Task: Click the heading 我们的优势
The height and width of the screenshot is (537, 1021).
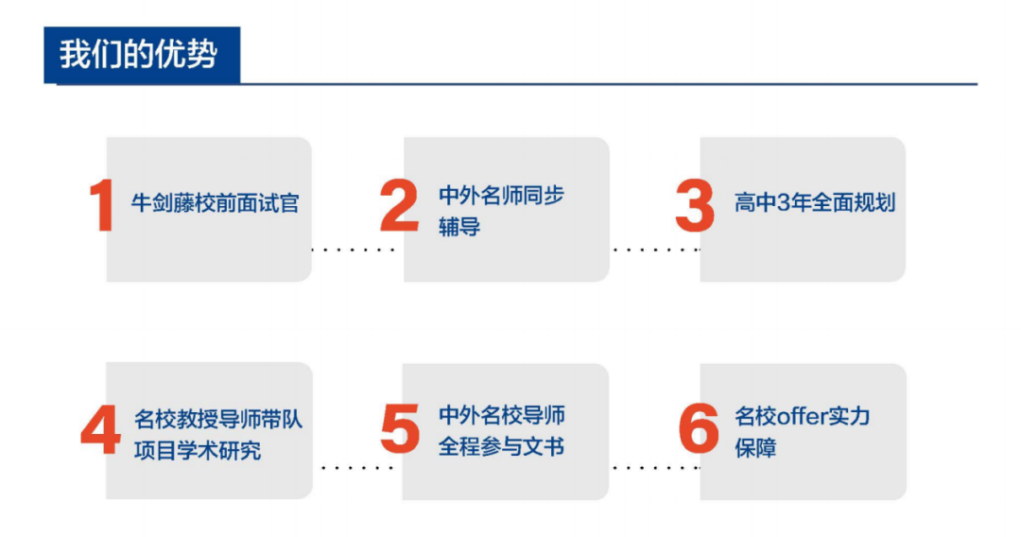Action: click(138, 54)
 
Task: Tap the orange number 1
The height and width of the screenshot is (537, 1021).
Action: click(101, 206)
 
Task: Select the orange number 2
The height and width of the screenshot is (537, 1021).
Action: click(399, 206)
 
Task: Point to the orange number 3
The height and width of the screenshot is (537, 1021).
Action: click(695, 206)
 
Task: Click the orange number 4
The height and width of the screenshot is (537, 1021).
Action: click(101, 431)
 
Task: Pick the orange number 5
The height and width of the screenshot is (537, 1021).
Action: click(399, 429)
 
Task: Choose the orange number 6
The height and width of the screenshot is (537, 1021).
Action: click(699, 429)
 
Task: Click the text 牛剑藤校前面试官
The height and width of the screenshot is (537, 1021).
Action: click(216, 203)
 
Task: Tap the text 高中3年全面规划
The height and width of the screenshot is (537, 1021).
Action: click(815, 202)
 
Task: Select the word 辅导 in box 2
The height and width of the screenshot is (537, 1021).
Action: click(459, 227)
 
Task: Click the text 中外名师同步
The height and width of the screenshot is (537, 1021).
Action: click(501, 196)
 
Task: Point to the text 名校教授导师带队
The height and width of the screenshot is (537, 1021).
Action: click(218, 419)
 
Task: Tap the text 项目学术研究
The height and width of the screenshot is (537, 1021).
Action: click(198, 450)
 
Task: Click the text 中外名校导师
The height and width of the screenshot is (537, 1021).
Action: click(501, 415)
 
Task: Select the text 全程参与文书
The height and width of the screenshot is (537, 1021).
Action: click(501, 446)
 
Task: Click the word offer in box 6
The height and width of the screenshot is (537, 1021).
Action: click(802, 416)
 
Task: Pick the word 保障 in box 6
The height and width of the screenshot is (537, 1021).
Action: click(755, 447)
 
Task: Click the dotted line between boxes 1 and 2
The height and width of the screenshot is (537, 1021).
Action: click(354, 250)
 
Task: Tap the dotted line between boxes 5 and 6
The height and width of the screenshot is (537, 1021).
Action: click(656, 467)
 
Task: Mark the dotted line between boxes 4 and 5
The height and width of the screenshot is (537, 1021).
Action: click(356, 467)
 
